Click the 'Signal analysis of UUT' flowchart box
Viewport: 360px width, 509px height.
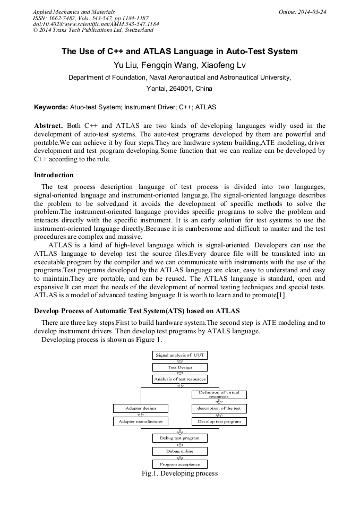pos(179,355)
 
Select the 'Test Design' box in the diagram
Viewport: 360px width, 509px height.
pos(179,367)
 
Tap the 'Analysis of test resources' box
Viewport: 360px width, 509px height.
pos(179,379)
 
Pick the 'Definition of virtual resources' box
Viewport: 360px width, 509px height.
pos(219,394)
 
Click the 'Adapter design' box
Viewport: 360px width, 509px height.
pos(141,408)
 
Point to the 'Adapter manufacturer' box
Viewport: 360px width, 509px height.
pos(141,421)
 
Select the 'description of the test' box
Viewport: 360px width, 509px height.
pos(219,408)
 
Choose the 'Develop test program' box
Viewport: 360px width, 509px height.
pos(219,421)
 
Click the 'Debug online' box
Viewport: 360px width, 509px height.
pos(179,451)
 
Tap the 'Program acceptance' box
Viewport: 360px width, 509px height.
pos(179,464)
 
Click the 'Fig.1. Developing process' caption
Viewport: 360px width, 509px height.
pos(179,473)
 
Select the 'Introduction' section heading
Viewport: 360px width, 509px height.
pos(54,175)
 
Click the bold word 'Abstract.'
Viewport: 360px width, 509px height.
pos(49,126)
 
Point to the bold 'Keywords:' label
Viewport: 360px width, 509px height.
pos(51,107)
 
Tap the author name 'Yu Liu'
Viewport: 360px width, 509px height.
pos(125,65)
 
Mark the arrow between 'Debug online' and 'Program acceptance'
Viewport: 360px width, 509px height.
pos(179,458)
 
